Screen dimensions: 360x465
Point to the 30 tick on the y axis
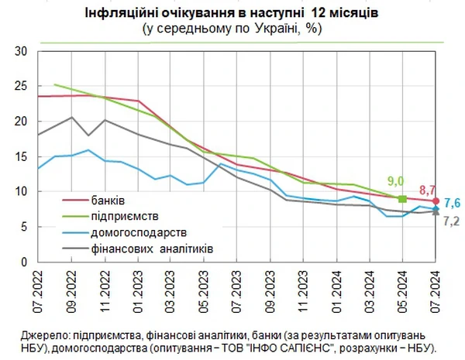[x=22, y=52]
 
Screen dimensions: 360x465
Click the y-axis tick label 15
[x=22, y=156]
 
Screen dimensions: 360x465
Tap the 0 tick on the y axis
[x=25, y=261]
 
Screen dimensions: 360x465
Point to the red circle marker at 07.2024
[x=436, y=201]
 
